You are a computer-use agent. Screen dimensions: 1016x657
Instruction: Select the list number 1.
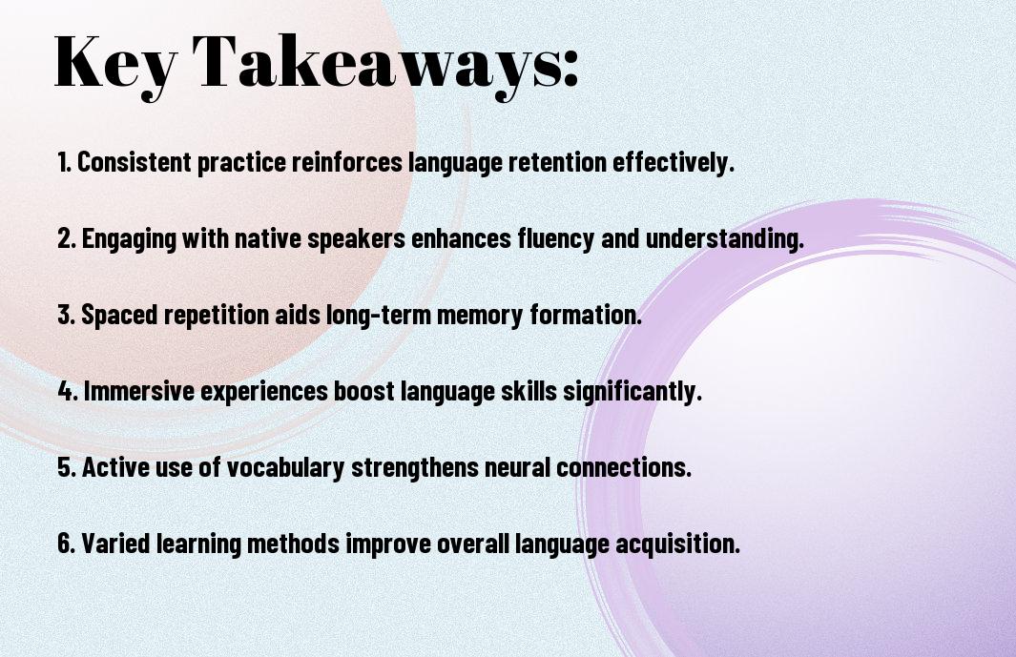click(x=64, y=162)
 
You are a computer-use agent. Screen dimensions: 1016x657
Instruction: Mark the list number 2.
click(x=67, y=238)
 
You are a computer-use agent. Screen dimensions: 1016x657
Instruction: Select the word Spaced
click(x=119, y=315)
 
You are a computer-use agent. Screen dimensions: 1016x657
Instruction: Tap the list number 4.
click(x=68, y=391)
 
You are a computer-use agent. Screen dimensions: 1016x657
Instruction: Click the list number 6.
click(x=67, y=544)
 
